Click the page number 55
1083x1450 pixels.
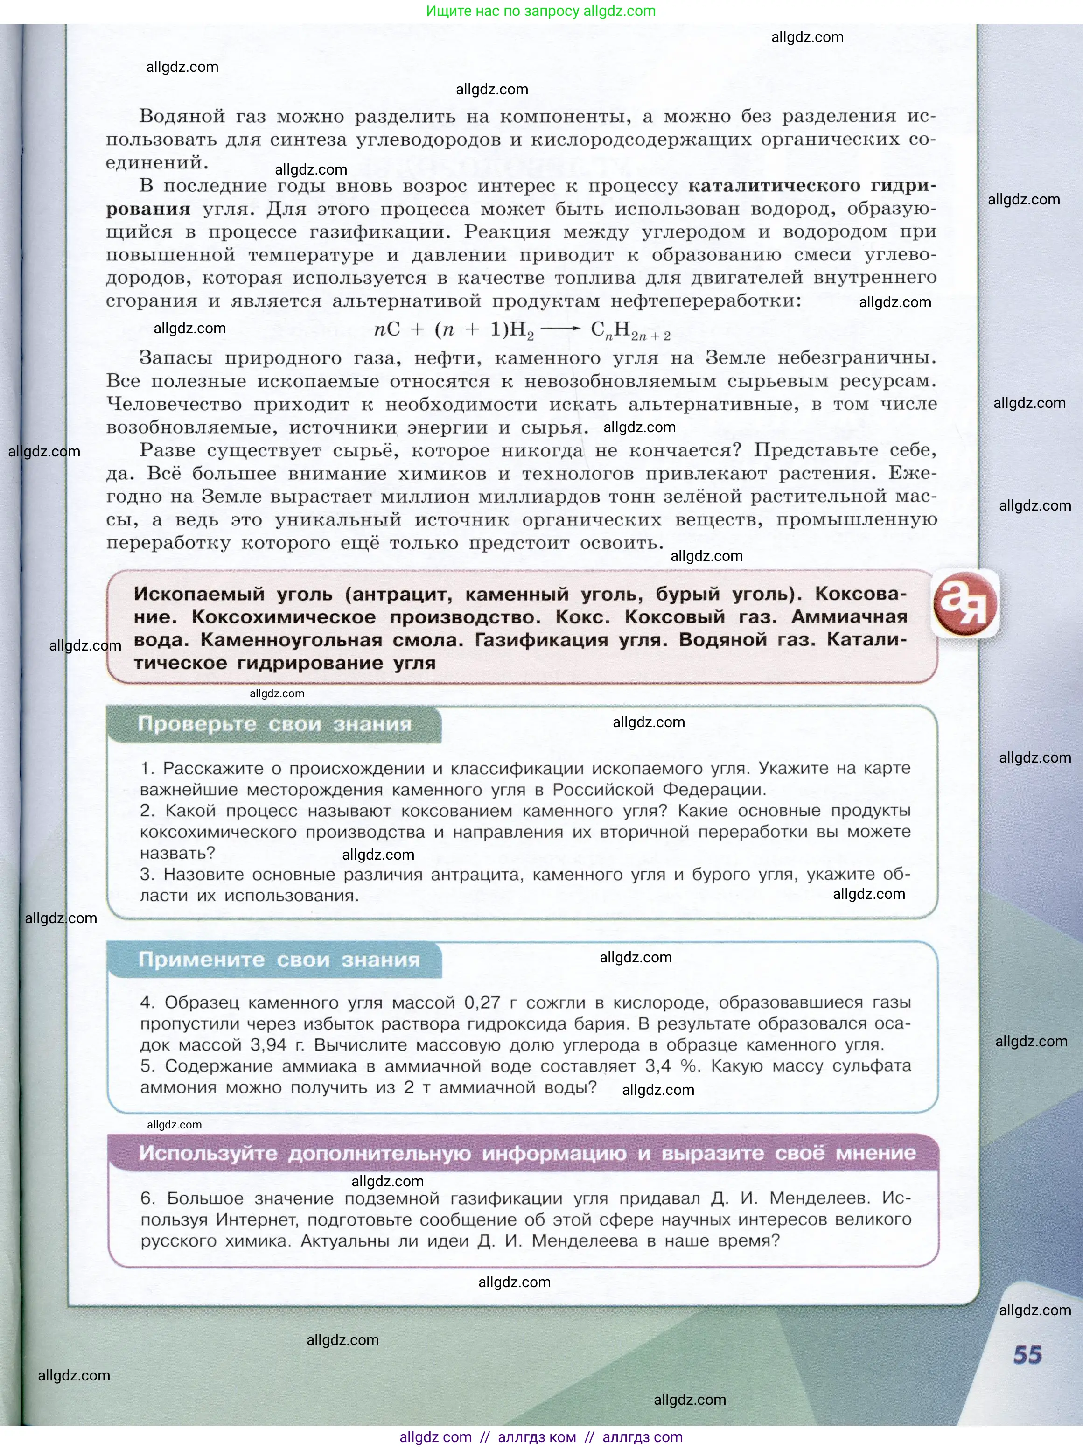[1027, 1355]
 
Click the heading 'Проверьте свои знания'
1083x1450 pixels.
[275, 724]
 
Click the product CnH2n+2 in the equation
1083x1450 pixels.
[630, 331]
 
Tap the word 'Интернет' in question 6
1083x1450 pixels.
[258, 1220]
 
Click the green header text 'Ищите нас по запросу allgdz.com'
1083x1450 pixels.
[541, 11]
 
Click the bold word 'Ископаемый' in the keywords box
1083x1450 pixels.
[199, 594]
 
